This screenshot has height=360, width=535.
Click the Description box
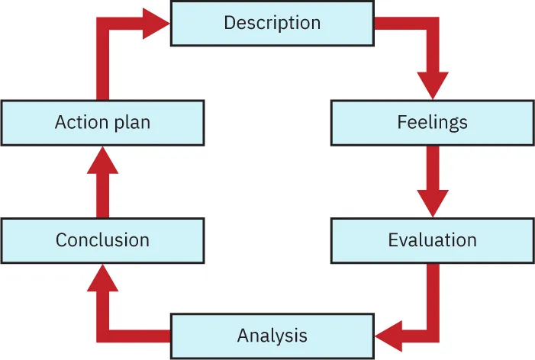pos(272,23)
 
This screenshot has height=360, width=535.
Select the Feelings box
pos(432,122)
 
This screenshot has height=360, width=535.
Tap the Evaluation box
pos(432,240)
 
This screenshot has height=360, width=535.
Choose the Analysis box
pos(272,336)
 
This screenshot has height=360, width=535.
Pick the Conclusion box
pos(102,240)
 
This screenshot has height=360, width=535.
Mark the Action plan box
pos(102,122)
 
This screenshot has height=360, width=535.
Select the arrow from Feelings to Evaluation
pos(432,180)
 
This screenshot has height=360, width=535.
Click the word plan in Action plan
pos(135,123)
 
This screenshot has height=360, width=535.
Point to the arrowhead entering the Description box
pos(157,23)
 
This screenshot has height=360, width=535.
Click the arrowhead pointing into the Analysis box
pos(388,334)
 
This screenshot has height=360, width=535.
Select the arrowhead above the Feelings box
pos(432,85)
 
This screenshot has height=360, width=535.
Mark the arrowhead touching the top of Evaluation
pos(432,204)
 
